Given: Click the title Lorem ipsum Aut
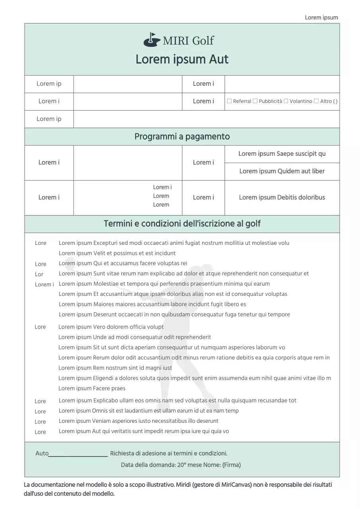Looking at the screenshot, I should click(x=182, y=60).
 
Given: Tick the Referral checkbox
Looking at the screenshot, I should click(x=229, y=101).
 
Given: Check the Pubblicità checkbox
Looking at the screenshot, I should click(x=255, y=101).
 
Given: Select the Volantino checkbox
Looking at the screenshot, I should click(x=286, y=101).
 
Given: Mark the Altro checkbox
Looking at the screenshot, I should click(x=316, y=101).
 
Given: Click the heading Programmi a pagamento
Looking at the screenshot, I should click(x=182, y=137).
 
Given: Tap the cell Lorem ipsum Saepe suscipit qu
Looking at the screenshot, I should click(x=282, y=154).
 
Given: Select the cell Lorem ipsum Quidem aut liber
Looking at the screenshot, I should click(x=282, y=171).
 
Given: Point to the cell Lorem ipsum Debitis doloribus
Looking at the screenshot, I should click(x=282, y=198).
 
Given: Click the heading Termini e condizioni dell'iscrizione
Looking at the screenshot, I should click(x=182, y=224).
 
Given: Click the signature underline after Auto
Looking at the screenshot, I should click(x=78, y=456).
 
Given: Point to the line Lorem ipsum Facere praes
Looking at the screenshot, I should click(x=92, y=389).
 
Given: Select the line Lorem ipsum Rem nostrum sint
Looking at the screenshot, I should click(x=115, y=368).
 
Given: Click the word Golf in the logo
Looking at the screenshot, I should click(x=203, y=41).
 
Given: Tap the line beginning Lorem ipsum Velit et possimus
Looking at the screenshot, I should click(x=117, y=253).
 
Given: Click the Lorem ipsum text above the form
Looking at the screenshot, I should click(x=321, y=17).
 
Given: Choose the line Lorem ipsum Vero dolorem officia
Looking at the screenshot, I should click(x=111, y=327).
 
